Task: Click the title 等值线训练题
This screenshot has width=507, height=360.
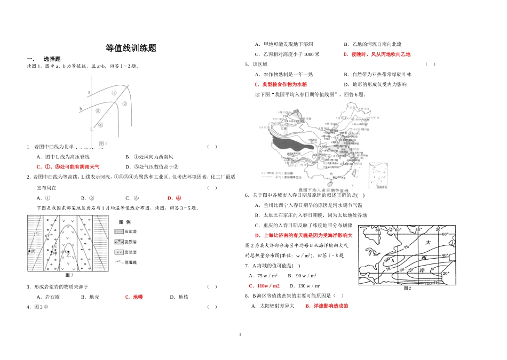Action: (x=131, y=47)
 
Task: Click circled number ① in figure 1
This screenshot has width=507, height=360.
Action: (x=114, y=93)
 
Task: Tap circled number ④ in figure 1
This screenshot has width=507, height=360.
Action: (x=100, y=126)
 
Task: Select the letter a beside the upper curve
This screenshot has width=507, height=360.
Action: (x=89, y=92)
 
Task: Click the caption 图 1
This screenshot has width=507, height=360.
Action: (x=104, y=143)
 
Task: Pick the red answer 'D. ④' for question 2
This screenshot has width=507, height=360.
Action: (x=174, y=198)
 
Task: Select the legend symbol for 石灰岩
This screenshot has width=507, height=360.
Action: (x=119, y=231)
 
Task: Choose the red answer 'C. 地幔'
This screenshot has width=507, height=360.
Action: (x=133, y=297)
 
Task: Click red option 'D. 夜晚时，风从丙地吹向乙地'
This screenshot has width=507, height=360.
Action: (x=377, y=54)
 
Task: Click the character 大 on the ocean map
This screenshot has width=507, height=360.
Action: (x=427, y=243)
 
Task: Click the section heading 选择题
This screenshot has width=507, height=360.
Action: (x=52, y=59)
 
